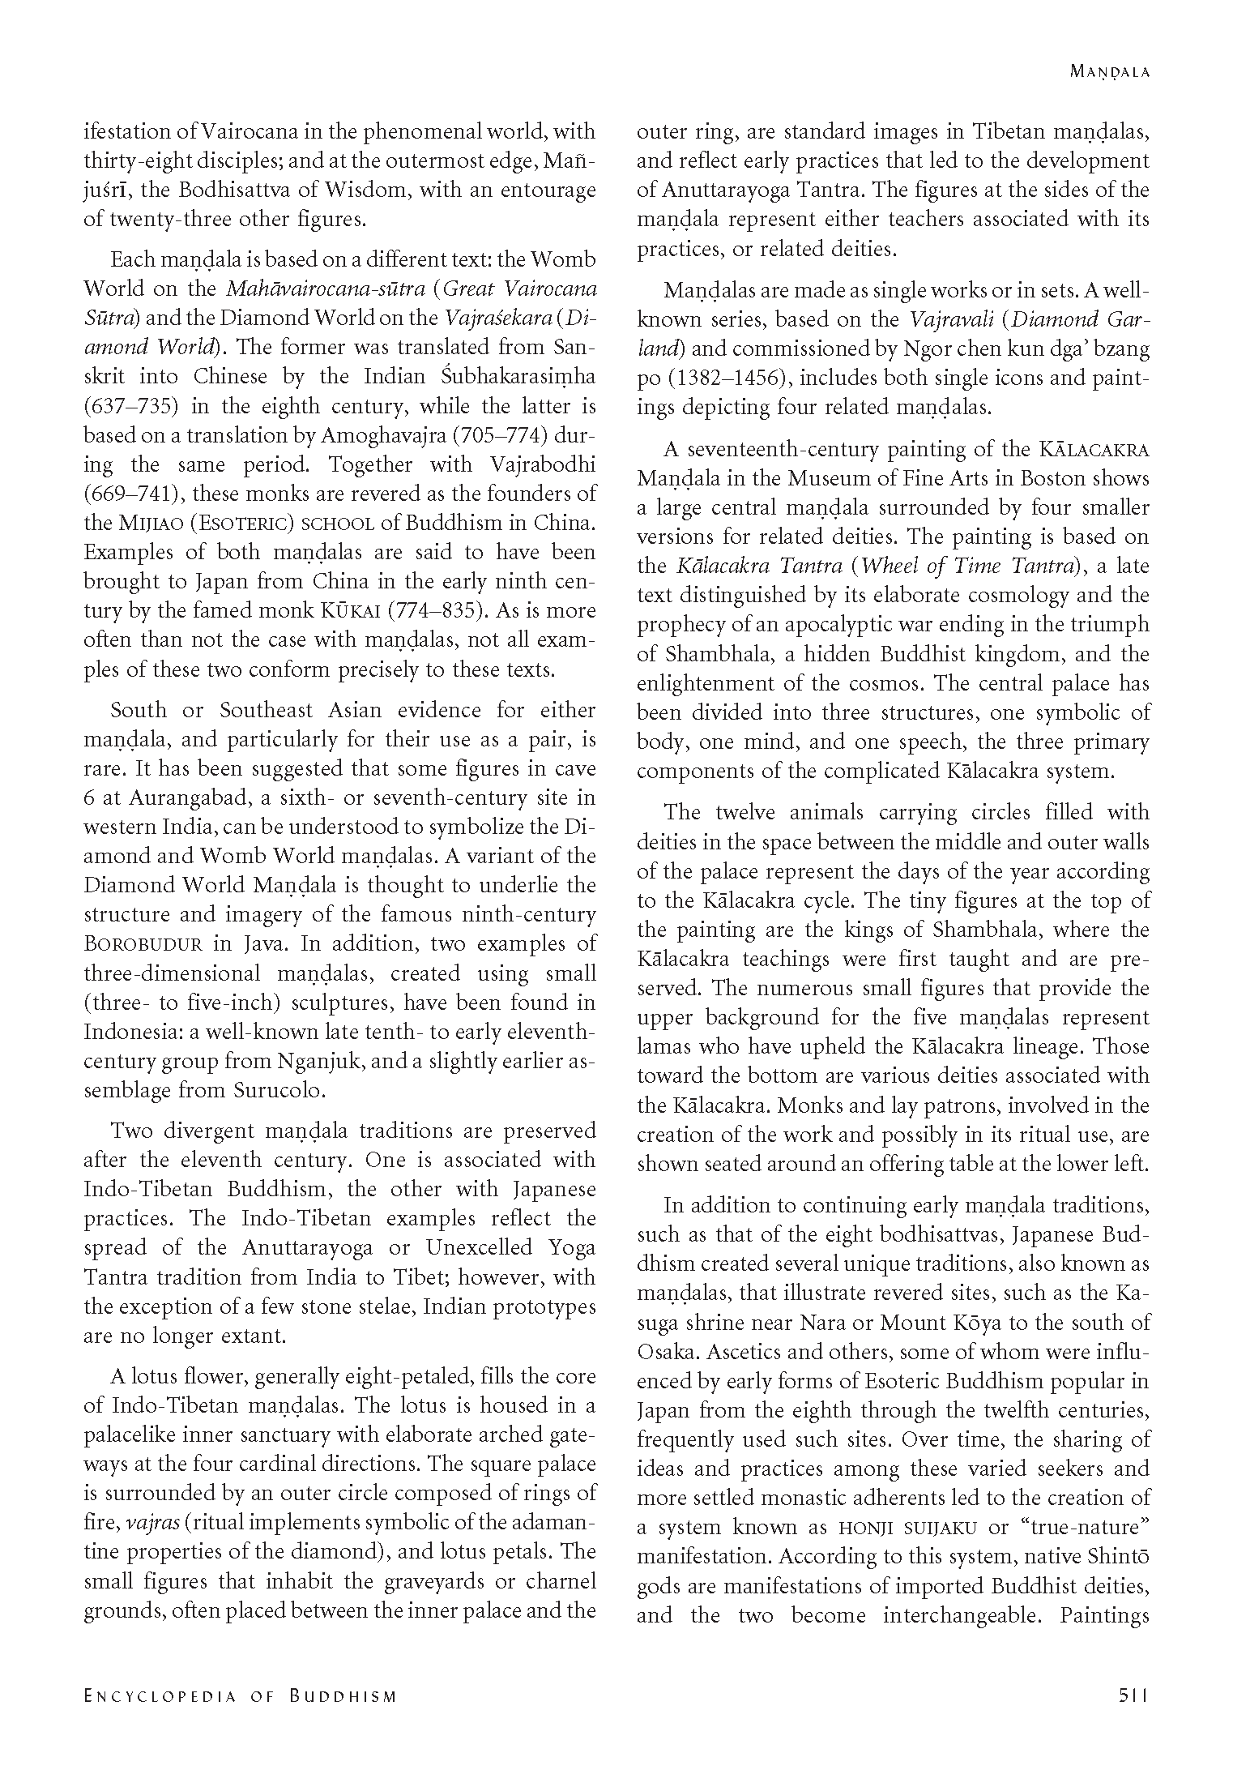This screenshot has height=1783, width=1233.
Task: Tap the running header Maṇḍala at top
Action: (x=1109, y=71)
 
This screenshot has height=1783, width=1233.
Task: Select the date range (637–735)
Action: (x=130, y=406)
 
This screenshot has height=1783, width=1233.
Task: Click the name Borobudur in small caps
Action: (x=143, y=944)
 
